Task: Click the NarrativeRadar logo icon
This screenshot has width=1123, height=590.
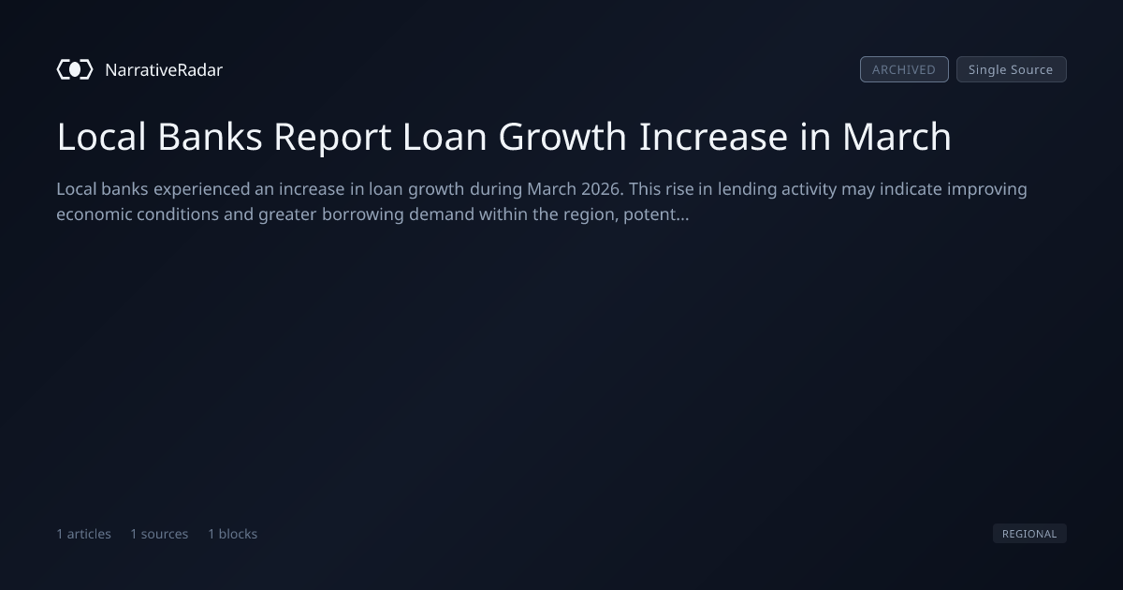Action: [x=75, y=69]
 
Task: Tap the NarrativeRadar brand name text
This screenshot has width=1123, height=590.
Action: [x=164, y=70]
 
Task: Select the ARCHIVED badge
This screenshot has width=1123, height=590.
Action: [x=904, y=69]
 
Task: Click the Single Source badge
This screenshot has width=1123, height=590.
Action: [x=1012, y=69]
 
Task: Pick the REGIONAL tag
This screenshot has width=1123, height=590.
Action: [x=1029, y=533]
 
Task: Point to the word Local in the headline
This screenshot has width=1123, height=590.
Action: [x=101, y=137]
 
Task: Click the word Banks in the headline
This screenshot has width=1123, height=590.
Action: [x=210, y=137]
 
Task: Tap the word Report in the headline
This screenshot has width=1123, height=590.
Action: [x=332, y=138]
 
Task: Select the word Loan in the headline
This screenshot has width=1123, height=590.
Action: [x=445, y=137]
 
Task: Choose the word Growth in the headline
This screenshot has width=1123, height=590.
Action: [x=562, y=137]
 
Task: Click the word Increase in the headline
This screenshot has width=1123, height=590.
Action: [x=713, y=137]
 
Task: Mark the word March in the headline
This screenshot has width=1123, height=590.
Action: [x=897, y=137]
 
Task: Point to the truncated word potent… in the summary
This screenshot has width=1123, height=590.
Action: [x=656, y=214]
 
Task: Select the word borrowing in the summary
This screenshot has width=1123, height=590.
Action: [x=362, y=215]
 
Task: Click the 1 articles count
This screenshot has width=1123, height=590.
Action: [x=83, y=534]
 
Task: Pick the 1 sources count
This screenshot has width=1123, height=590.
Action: [x=159, y=534]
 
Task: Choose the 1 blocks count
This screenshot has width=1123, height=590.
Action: [x=233, y=534]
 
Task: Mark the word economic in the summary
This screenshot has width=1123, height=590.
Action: [x=95, y=214]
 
